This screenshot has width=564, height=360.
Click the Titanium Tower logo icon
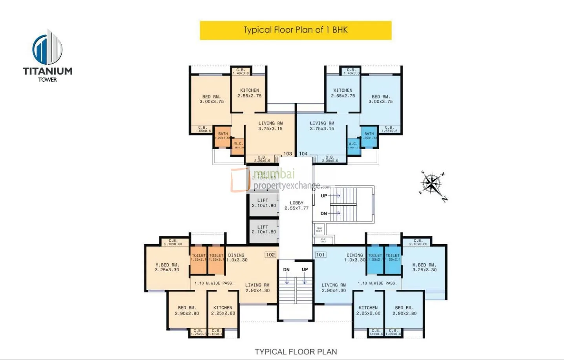click(x=47, y=48)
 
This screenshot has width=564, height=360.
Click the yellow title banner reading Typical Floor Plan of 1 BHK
click(x=296, y=30)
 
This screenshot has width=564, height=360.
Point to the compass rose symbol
click(x=433, y=184)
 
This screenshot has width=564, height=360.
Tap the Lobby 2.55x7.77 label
click(x=296, y=205)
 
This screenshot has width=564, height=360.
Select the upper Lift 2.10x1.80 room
click(x=264, y=203)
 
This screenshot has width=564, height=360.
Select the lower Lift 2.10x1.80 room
click(x=264, y=230)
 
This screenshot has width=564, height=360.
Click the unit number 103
click(x=288, y=154)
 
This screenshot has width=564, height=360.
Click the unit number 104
click(x=303, y=154)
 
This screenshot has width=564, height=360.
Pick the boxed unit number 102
click(x=270, y=255)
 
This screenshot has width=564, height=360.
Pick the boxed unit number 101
click(x=320, y=255)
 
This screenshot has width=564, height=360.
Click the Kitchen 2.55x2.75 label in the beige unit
click(x=249, y=93)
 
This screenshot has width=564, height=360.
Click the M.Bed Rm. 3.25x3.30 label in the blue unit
click(x=424, y=267)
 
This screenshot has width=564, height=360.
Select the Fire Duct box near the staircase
click(x=319, y=229)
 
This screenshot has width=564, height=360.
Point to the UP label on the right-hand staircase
click(x=324, y=196)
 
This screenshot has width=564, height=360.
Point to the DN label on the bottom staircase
click(x=287, y=270)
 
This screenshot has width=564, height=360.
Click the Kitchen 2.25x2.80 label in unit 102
click(x=223, y=311)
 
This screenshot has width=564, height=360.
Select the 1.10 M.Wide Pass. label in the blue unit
click(x=377, y=283)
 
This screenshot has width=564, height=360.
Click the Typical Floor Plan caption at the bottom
click(x=296, y=352)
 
